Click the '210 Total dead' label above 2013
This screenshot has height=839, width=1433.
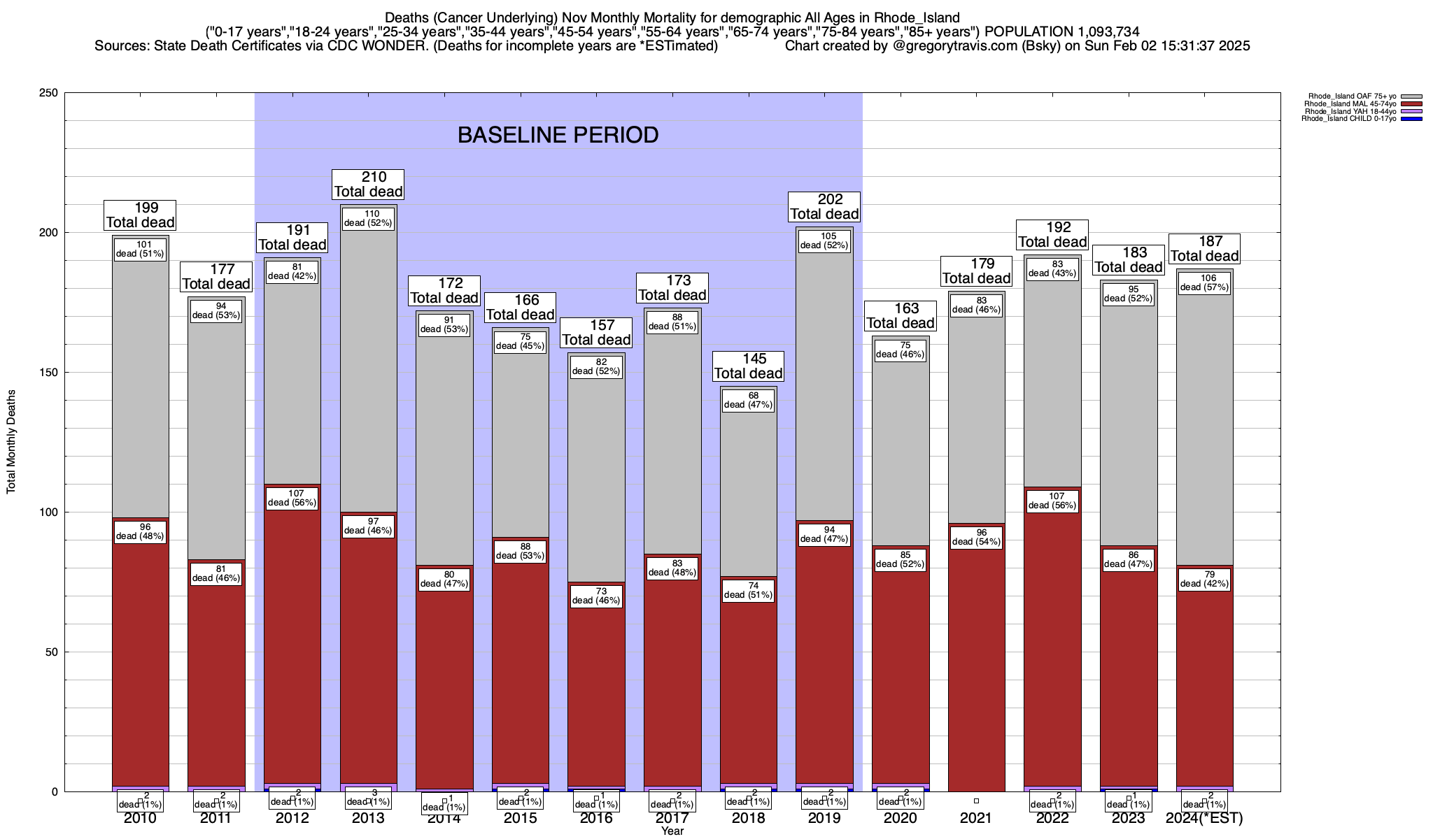(368, 185)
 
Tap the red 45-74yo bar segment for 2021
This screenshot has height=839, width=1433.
(976, 664)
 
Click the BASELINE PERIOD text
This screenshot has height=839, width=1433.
(558, 135)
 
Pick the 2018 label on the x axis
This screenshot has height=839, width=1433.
(748, 818)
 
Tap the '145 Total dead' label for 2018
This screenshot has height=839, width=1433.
(748, 366)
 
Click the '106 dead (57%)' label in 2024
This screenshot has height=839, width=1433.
(1203, 282)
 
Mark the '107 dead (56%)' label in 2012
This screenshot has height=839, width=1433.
(292, 498)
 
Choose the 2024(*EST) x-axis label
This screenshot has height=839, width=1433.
(1204, 818)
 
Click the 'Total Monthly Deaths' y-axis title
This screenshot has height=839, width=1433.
(11, 442)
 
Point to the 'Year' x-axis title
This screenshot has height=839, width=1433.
(672, 831)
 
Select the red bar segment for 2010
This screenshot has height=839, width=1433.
(140, 664)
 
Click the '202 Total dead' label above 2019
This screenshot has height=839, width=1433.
(824, 207)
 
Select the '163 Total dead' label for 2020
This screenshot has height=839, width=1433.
(901, 316)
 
